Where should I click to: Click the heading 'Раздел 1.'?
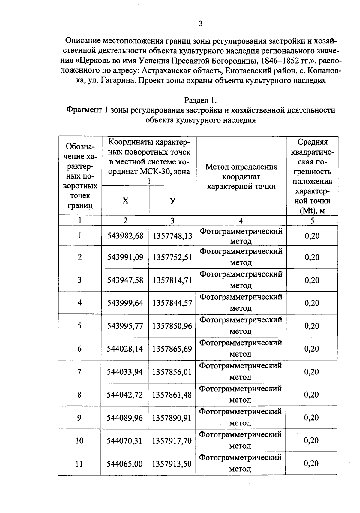[200, 100]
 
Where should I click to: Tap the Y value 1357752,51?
[172, 257]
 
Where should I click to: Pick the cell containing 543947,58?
[125, 280]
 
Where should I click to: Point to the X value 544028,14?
[125, 349]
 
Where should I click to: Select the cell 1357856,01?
[172, 372]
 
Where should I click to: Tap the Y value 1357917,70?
[172, 441]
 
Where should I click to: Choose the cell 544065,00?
[125, 464]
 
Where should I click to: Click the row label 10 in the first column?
[79, 441]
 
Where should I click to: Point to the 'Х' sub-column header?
[125, 201]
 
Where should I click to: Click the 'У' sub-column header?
[172, 201]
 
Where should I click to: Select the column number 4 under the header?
[241, 221]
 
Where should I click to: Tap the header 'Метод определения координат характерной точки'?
[241, 176]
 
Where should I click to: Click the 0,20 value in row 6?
[312, 349]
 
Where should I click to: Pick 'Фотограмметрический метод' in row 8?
[241, 394]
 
